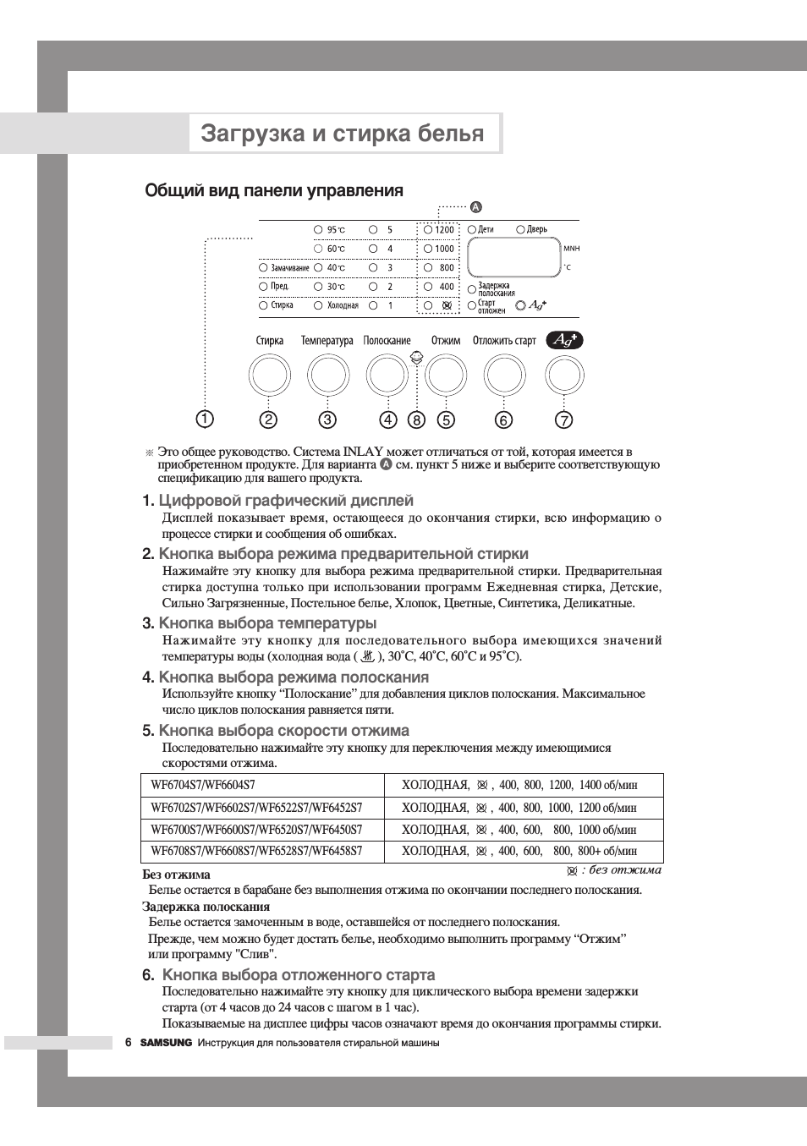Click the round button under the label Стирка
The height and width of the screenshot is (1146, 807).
click(x=269, y=376)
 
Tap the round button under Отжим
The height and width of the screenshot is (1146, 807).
click(x=445, y=376)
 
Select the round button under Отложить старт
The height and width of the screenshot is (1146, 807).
click(x=504, y=376)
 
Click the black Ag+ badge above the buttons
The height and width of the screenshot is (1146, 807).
click(x=564, y=340)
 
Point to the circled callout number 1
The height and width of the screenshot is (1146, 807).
click(x=205, y=419)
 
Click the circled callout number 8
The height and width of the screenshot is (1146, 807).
click(x=416, y=419)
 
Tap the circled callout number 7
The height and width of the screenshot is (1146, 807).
click(x=564, y=419)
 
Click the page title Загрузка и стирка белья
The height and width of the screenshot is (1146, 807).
click(x=343, y=134)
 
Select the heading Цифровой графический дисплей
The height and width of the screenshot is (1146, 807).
click(x=286, y=501)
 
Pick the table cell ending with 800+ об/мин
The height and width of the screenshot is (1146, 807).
click(x=519, y=851)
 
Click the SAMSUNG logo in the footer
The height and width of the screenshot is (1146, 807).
click(x=166, y=1043)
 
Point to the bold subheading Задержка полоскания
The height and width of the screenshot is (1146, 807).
click(x=206, y=906)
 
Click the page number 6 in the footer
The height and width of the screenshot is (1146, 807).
click(x=129, y=1043)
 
